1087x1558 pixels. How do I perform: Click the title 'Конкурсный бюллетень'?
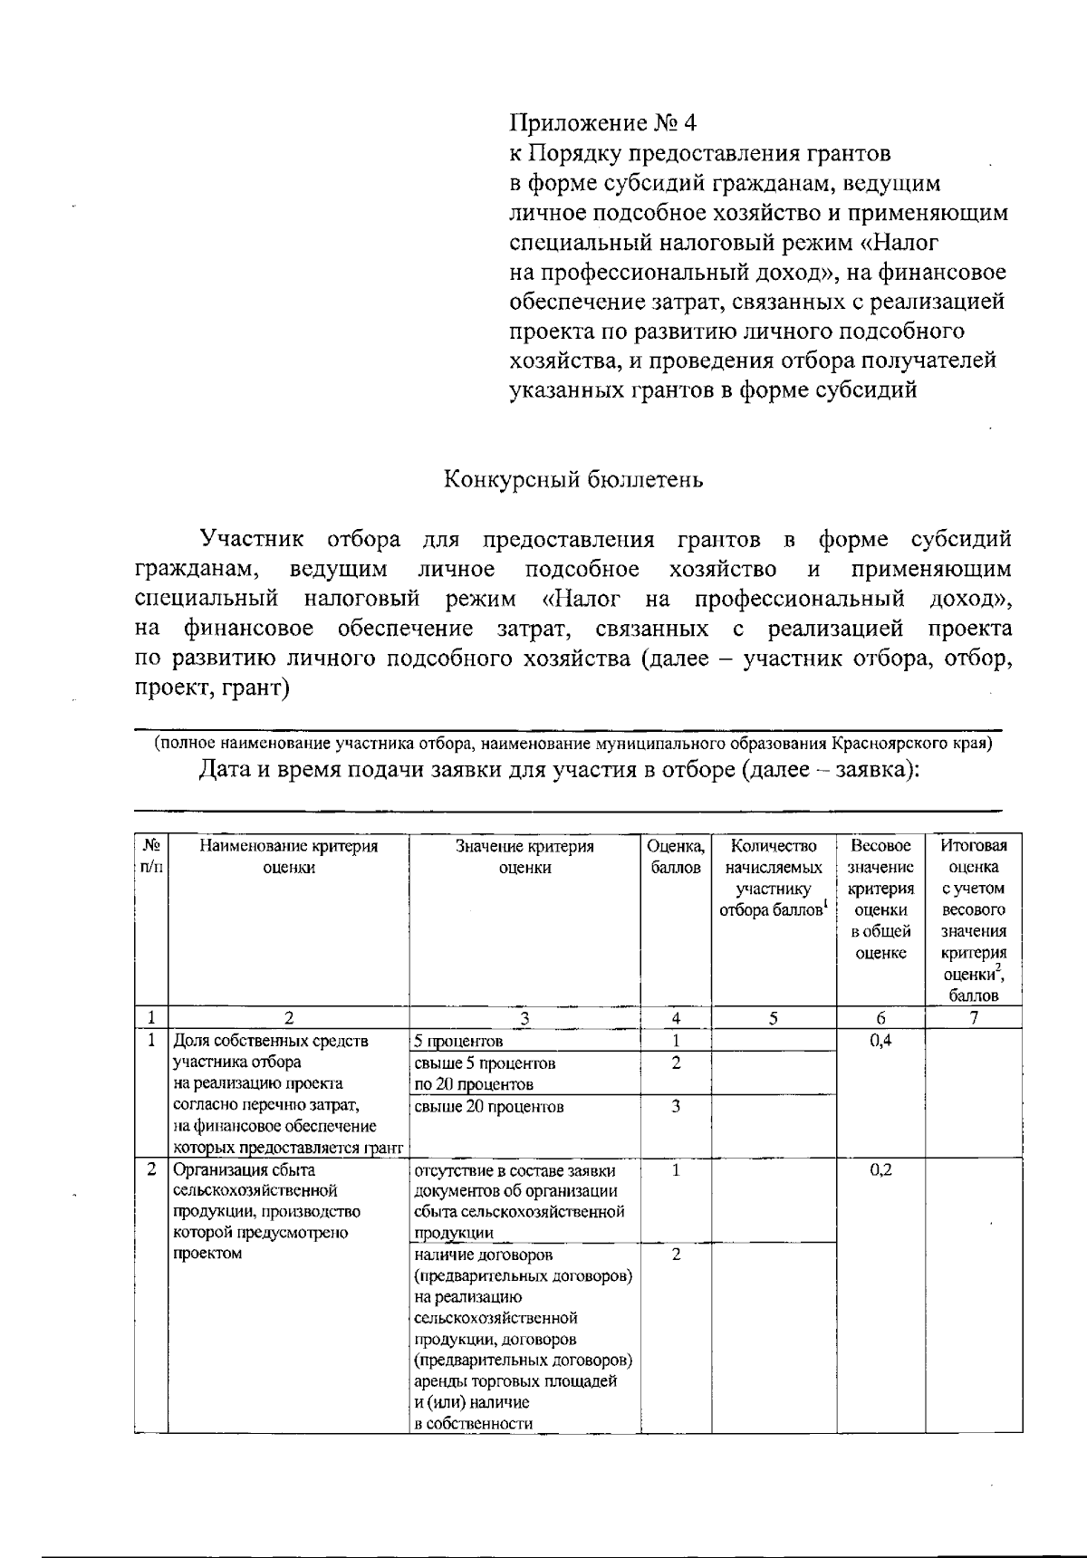[572, 480]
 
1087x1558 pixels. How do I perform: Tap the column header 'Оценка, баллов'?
[676, 856]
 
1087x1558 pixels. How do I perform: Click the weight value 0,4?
[880, 1041]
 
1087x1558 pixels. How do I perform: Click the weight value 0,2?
[880, 1169]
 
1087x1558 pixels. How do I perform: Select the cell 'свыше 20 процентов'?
[488, 1106]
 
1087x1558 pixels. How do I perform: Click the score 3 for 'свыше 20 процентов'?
[676, 1106]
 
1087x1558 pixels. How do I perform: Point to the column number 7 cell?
[973, 1017]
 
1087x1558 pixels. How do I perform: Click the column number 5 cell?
[773, 1017]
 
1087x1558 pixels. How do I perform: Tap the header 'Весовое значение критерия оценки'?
[880, 899]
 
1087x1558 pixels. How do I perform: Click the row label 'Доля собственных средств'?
[270, 1041]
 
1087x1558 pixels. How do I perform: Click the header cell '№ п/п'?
[151, 856]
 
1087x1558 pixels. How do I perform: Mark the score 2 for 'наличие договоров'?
[676, 1255]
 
